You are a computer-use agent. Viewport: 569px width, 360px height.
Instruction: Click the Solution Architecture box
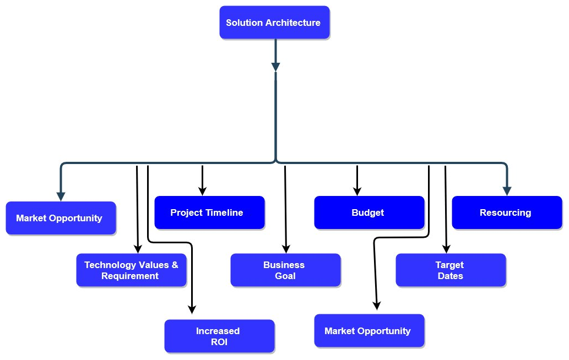point(274,23)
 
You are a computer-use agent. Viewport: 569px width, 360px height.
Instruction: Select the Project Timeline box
point(209,212)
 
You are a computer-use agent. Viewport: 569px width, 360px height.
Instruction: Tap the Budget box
point(369,212)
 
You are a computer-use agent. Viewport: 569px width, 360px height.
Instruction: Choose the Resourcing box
point(507,212)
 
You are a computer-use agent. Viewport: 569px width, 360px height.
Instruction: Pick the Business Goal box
point(285,270)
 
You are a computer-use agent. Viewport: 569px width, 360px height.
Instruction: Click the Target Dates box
point(451,270)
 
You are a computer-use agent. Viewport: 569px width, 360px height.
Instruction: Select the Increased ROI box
point(220,336)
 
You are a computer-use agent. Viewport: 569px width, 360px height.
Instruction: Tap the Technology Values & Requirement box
point(131,270)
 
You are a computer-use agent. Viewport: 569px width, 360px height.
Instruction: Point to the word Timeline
point(225,212)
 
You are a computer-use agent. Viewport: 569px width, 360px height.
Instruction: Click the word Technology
point(109,265)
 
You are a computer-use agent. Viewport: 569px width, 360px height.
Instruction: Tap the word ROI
point(219,342)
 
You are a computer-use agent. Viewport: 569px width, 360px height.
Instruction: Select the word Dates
point(451,276)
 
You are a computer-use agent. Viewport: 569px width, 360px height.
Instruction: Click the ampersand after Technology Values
point(175,265)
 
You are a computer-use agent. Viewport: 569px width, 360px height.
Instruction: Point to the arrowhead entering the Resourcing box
point(507,191)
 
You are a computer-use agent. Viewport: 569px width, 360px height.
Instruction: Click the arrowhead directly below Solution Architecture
point(276,67)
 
